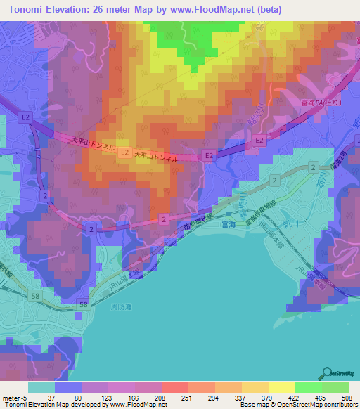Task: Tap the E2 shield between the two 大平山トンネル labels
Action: coord(124,152)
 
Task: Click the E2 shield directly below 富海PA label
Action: coord(259,141)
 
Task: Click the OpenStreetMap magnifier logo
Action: coord(327,373)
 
